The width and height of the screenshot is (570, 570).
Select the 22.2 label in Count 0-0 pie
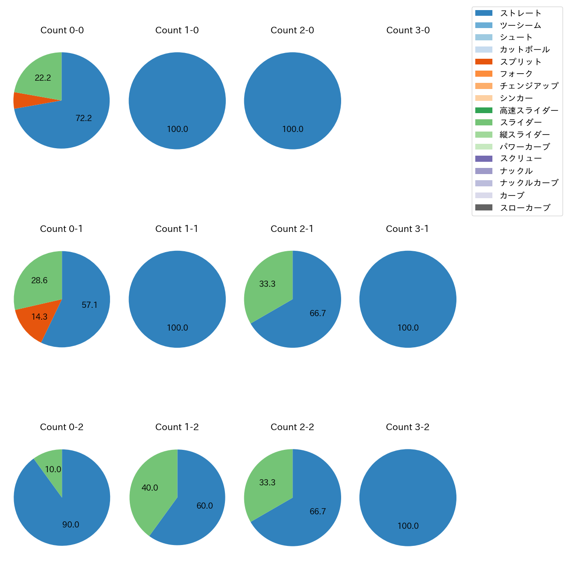click(43, 78)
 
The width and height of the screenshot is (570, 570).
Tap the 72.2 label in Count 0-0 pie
click(83, 118)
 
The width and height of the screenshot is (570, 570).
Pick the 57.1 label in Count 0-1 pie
click(89, 305)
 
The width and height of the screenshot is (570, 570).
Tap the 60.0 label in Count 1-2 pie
click(204, 506)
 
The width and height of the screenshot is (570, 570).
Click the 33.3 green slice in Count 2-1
click(267, 284)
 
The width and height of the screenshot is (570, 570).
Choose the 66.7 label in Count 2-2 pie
click(317, 511)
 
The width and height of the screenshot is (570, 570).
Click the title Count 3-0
click(408, 30)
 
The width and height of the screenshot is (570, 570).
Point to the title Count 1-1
click(177, 229)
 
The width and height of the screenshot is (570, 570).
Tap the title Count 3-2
click(407, 427)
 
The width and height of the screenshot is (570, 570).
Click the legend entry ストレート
click(520, 13)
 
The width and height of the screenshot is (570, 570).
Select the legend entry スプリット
click(520, 62)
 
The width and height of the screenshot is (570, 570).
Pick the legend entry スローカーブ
click(525, 208)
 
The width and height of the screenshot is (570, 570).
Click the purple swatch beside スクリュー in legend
click(484, 159)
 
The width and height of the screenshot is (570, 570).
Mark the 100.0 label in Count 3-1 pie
click(408, 328)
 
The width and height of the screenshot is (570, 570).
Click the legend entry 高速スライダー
click(529, 110)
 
